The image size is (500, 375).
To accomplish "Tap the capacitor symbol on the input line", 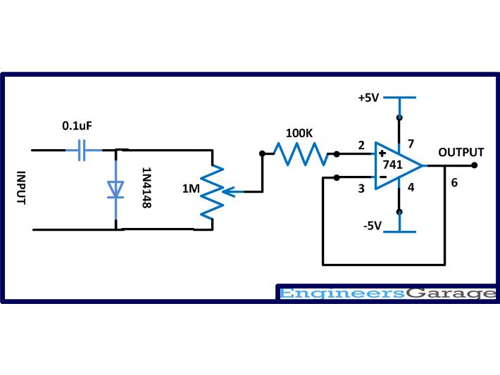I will tap(82, 150).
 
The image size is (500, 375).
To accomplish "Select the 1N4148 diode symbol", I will tap(115, 189).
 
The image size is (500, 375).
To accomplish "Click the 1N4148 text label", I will tap(146, 188).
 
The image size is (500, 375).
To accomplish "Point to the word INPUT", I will tap(20, 188).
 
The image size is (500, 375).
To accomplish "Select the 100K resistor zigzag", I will tap(297, 153).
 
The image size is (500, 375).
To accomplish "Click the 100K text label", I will tap(299, 133).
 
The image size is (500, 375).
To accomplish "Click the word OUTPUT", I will tap(461, 152).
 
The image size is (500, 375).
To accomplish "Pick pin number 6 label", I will tap(454, 182).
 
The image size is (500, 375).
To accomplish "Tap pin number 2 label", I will tap(361, 146).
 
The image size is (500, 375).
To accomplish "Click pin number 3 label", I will tap(361, 188).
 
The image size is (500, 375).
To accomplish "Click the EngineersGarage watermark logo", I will tap(387, 293).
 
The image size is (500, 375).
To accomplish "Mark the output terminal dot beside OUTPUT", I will tap(475, 165).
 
